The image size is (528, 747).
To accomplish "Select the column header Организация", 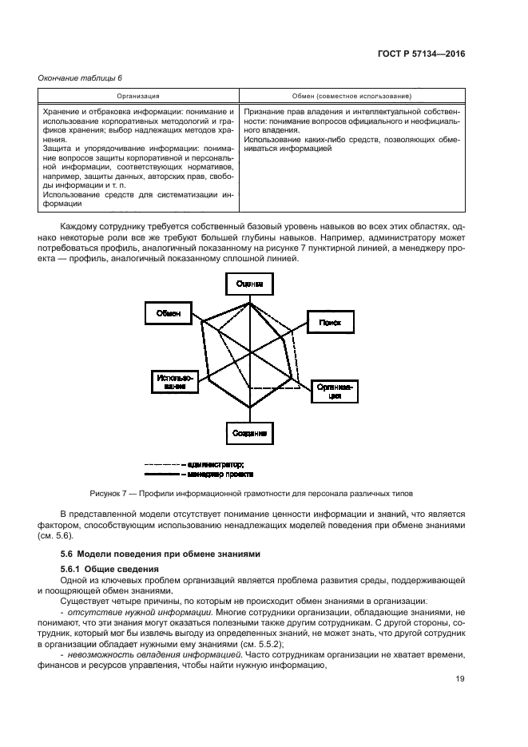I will tap(137, 95).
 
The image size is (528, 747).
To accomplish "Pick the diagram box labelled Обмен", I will tap(168, 313).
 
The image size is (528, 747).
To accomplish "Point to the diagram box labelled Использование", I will tap(170, 382).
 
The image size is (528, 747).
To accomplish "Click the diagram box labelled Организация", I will tap(335, 391).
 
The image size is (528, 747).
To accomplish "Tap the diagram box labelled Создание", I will tap(249, 433).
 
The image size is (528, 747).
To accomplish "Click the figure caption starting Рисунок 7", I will tap(245, 493).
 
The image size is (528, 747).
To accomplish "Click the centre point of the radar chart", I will tap(250, 351).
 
